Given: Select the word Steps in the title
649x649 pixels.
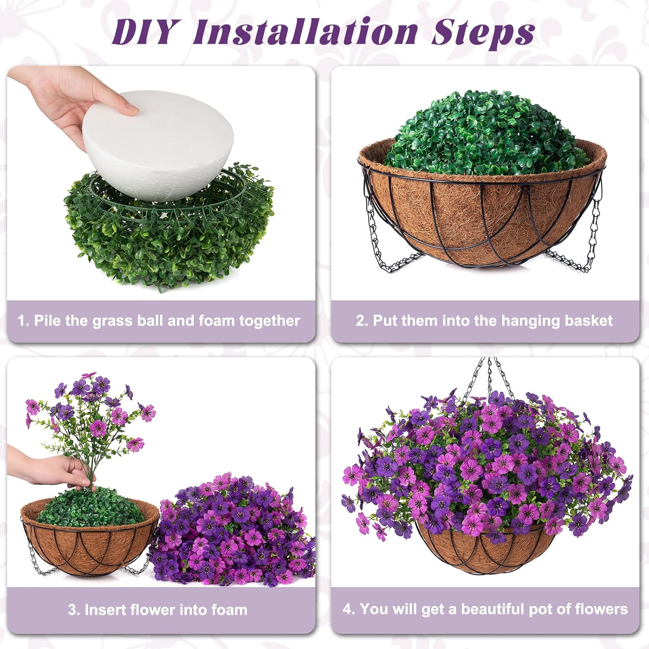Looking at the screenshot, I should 482,32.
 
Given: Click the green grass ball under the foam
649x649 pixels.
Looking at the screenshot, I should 169,247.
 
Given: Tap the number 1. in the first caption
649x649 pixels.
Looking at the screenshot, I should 24,321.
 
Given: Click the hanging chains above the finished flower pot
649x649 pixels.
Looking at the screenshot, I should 485,376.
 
